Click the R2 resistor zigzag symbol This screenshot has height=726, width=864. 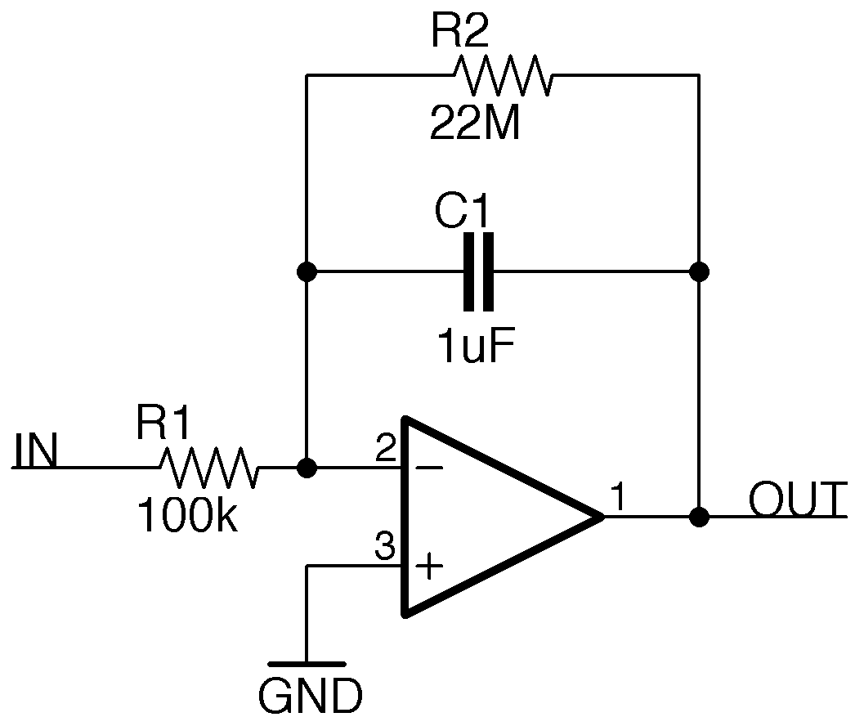[502, 75]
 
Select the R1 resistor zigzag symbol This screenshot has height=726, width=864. [209, 468]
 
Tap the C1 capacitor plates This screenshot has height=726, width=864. [478, 271]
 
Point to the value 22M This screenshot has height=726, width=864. [475, 125]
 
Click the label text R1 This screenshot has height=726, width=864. [163, 425]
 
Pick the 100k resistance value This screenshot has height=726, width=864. [188, 517]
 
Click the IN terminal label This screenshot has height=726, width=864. [36, 452]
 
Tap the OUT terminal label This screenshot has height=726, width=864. [796, 500]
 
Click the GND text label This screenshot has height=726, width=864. [310, 697]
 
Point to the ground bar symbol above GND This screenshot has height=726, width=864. [307, 664]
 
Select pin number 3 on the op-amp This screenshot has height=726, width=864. [384, 546]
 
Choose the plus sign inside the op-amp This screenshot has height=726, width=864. [430, 566]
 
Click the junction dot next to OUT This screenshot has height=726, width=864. [699, 517]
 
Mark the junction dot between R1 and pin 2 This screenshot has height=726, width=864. [307, 468]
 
